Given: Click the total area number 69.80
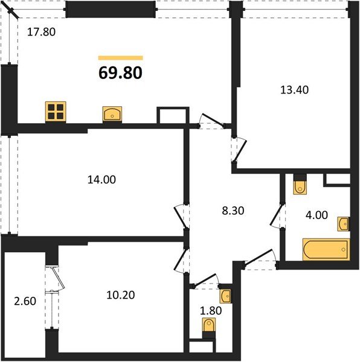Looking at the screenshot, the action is point(120,73).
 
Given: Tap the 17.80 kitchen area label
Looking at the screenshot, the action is point(41,32).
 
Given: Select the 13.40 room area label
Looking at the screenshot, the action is point(294,89).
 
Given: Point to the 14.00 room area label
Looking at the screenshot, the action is point(101,179).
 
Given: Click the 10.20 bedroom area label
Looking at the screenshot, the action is point(121,295).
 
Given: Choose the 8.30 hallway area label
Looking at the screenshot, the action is point(233,211).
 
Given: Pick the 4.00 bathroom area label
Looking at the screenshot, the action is point(317,215).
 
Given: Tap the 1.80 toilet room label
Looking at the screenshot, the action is point(211,311).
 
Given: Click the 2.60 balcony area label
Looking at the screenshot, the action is point(25,301).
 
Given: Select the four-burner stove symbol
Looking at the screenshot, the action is point(56,112).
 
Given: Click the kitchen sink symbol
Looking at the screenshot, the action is point(112,114).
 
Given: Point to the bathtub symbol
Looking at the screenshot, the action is point(326,250).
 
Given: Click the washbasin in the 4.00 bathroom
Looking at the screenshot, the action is point(343,224).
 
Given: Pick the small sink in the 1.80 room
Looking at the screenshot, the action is point(225,296).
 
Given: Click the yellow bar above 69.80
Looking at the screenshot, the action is point(120,58).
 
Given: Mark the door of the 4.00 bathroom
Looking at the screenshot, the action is point(277,215).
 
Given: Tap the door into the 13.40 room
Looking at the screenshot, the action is point(240,150).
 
